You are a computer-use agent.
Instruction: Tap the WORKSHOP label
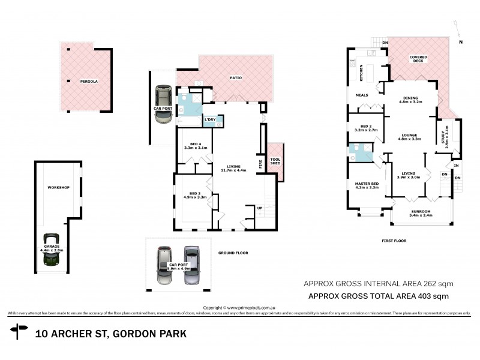click(x=59, y=188)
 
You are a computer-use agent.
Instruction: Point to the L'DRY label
click(x=210, y=120)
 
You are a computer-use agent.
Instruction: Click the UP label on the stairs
click(x=259, y=208)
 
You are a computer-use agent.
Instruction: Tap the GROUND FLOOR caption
click(x=233, y=253)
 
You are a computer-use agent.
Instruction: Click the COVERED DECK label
click(x=418, y=58)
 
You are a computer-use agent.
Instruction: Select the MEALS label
click(x=362, y=94)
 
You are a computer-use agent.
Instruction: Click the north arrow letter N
click(x=461, y=42)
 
